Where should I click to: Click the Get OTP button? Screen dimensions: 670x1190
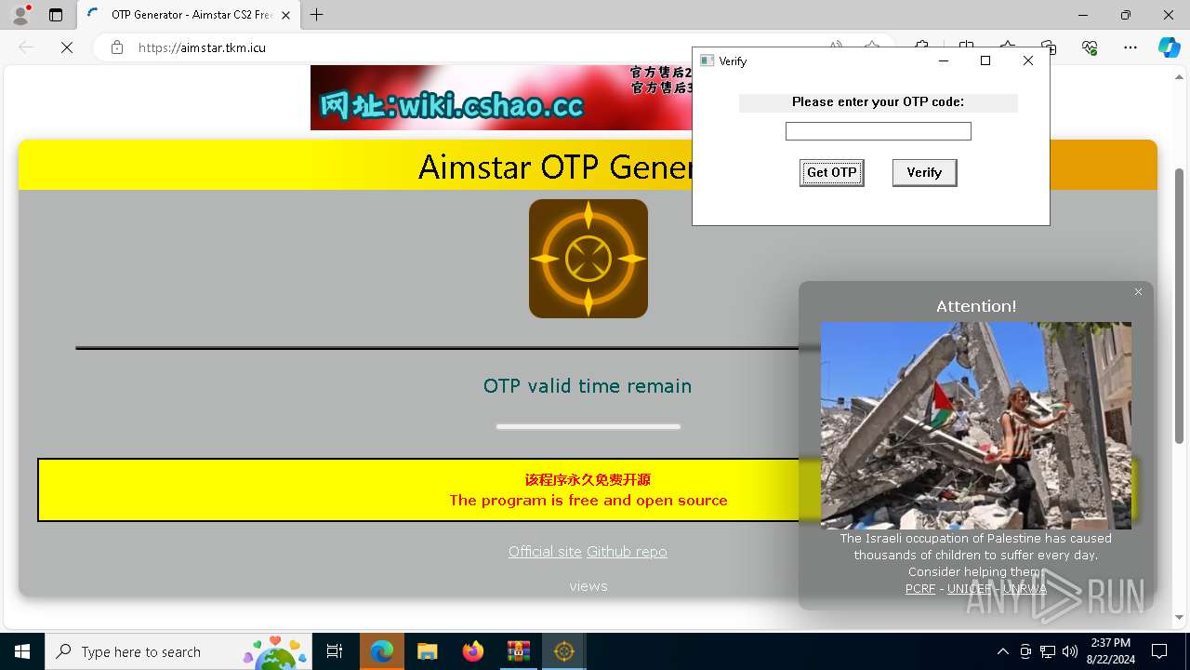[x=831, y=172]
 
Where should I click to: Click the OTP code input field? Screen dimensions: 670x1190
[x=878, y=131]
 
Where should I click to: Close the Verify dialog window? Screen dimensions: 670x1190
[x=1027, y=60]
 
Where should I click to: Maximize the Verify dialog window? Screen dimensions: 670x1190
[x=985, y=60]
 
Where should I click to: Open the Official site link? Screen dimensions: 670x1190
[x=545, y=552]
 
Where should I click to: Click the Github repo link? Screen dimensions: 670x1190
[x=627, y=552]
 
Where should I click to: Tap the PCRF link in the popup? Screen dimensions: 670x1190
[x=920, y=589]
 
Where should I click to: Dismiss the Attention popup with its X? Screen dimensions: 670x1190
[x=1138, y=292]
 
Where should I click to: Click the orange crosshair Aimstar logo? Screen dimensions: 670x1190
[x=588, y=259]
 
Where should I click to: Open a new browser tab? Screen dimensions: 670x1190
[x=317, y=15]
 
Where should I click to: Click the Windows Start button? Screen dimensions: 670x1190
[x=22, y=651]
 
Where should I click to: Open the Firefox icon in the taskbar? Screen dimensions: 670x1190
[x=473, y=651]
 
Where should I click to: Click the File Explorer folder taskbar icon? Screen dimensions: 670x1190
[x=428, y=651]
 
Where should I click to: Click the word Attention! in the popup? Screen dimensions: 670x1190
[x=976, y=306]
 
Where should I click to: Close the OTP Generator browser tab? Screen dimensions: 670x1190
[x=286, y=15]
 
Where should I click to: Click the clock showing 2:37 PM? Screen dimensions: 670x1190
[x=1110, y=643]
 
